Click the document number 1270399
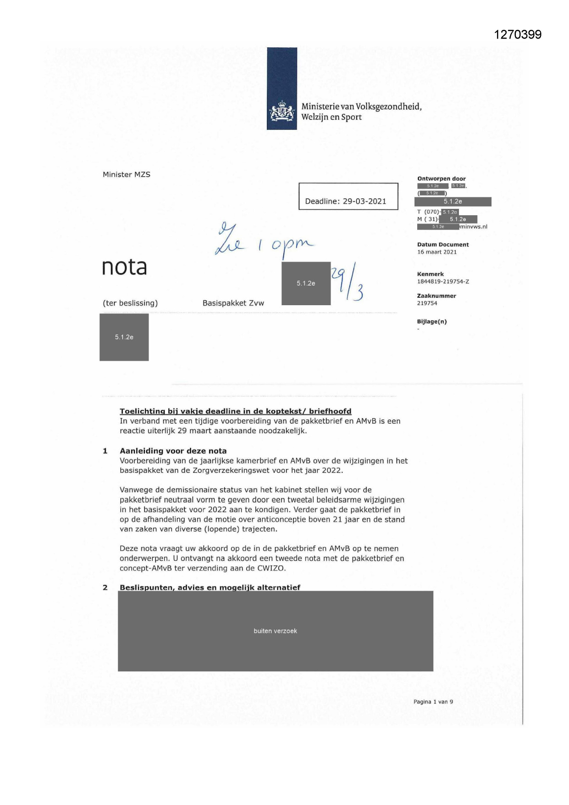point(518,35)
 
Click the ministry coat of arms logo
point(282,112)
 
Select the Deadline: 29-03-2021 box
point(348,196)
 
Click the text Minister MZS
point(127,174)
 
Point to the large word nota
point(124,267)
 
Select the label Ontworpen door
point(441,179)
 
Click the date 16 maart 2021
point(436,252)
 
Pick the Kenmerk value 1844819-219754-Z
point(442,281)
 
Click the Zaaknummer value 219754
point(427,303)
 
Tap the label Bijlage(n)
point(431,322)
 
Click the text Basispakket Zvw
point(233,303)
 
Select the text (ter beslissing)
point(130,303)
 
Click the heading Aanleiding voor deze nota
point(173,451)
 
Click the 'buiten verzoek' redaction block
point(275,631)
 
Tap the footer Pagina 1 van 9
point(433,702)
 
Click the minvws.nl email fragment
point(474,227)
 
